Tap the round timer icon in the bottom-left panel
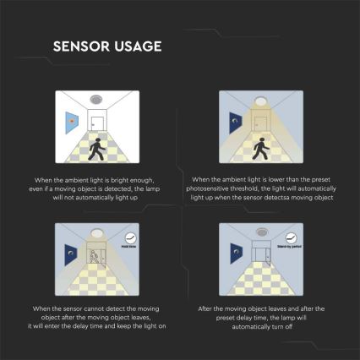click(x=131, y=240)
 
